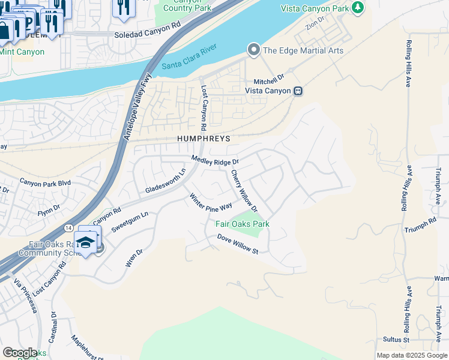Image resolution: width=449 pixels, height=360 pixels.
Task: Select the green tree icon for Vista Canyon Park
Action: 358,7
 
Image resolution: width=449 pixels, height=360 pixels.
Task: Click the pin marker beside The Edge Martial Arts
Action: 254,50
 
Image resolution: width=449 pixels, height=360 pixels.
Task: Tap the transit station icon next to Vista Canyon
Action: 298,91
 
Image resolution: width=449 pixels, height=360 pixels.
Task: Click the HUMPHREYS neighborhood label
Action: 204,138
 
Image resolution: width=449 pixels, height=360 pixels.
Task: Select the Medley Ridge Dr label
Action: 215,160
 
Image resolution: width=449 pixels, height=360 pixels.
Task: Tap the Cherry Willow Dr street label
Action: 244,191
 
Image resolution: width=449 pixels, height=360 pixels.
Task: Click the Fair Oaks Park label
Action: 243,224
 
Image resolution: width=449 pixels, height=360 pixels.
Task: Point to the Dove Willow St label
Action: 238,244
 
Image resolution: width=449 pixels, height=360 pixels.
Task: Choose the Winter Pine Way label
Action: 211,202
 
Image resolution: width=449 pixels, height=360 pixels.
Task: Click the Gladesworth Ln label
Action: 166,181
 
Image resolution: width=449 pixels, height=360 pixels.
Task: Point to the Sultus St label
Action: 396,340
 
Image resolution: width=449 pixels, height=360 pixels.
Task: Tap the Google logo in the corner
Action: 20,353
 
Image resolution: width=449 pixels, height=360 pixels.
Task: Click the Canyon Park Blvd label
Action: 45,182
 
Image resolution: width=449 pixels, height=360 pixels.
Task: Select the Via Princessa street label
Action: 26,298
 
